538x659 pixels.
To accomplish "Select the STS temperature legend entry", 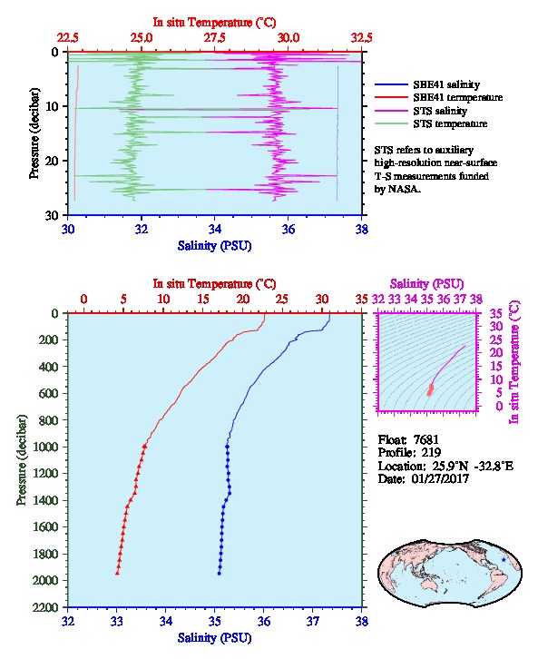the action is [431, 123].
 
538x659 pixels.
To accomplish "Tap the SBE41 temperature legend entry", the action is [438, 97].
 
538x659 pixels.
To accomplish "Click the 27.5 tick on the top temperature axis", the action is [215, 38].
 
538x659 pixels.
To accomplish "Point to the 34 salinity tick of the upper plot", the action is [215, 229].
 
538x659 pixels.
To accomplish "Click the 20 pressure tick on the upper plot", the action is [52, 161].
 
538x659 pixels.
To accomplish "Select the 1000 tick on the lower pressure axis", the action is [48, 447].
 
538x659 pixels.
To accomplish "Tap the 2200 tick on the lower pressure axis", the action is [45, 607].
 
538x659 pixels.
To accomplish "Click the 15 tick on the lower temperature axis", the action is [203, 300].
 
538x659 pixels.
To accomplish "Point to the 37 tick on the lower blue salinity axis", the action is [312, 621].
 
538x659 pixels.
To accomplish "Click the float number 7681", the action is [426, 439].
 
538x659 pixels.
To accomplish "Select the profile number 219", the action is [431, 453].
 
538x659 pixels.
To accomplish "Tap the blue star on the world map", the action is [504, 560].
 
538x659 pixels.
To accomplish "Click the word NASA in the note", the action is [403, 189].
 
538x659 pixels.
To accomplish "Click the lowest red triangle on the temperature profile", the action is [118, 573].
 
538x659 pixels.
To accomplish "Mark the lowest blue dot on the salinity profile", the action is [220, 574].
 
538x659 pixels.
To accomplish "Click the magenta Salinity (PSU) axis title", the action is [426, 284].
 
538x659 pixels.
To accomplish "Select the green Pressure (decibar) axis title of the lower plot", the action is [22, 460].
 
